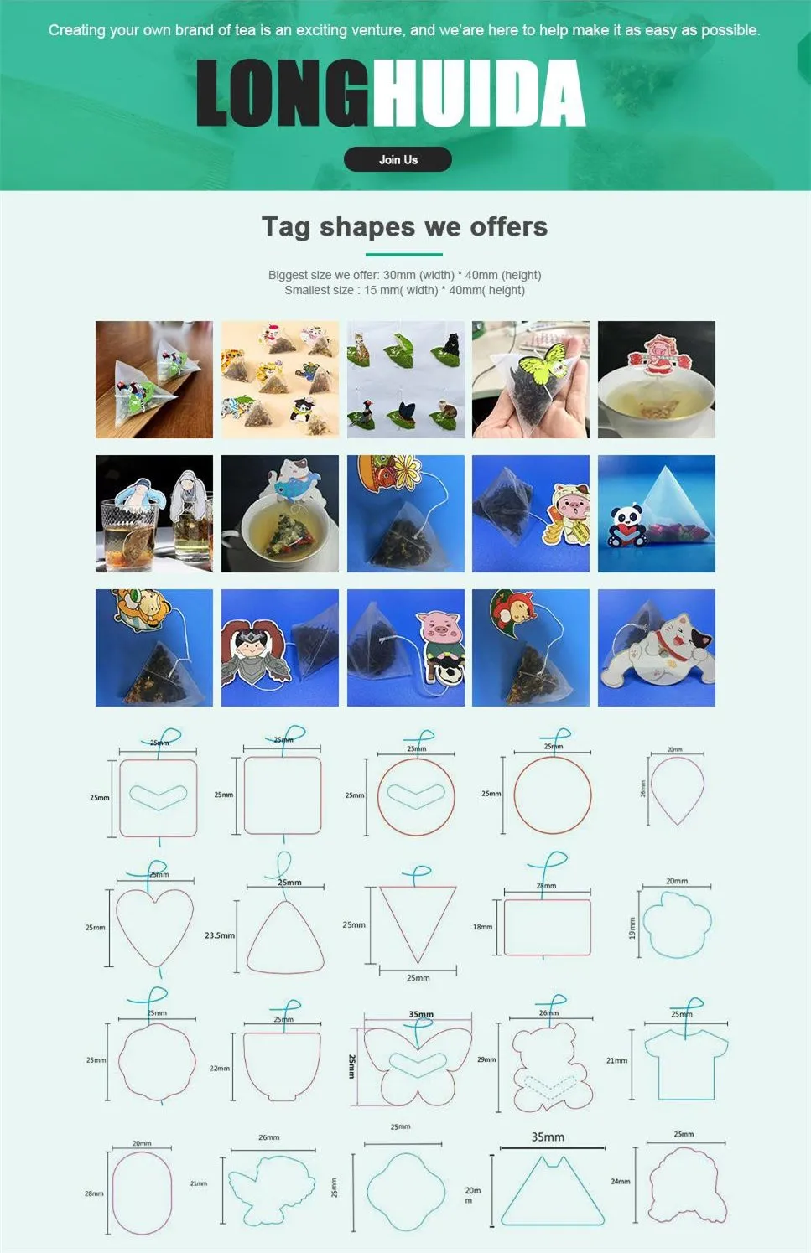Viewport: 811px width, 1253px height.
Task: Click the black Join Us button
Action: click(x=398, y=159)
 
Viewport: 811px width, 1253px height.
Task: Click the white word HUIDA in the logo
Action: click(x=478, y=94)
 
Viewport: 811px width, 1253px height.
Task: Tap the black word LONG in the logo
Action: click(x=283, y=94)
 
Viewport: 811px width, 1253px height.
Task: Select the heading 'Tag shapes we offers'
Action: click(x=404, y=227)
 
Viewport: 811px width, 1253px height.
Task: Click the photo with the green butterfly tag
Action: click(x=531, y=379)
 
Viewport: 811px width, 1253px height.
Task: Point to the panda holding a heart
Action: click(x=626, y=526)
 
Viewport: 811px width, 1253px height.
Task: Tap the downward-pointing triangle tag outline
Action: click(x=417, y=923)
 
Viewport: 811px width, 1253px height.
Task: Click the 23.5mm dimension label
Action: click(x=219, y=935)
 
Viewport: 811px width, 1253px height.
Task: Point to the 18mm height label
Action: click(x=482, y=927)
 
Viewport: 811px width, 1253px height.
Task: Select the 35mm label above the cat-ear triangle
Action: click(x=548, y=1137)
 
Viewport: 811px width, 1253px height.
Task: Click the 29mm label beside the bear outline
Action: click(x=486, y=1059)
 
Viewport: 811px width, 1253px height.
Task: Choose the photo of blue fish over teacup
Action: click(x=280, y=514)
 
